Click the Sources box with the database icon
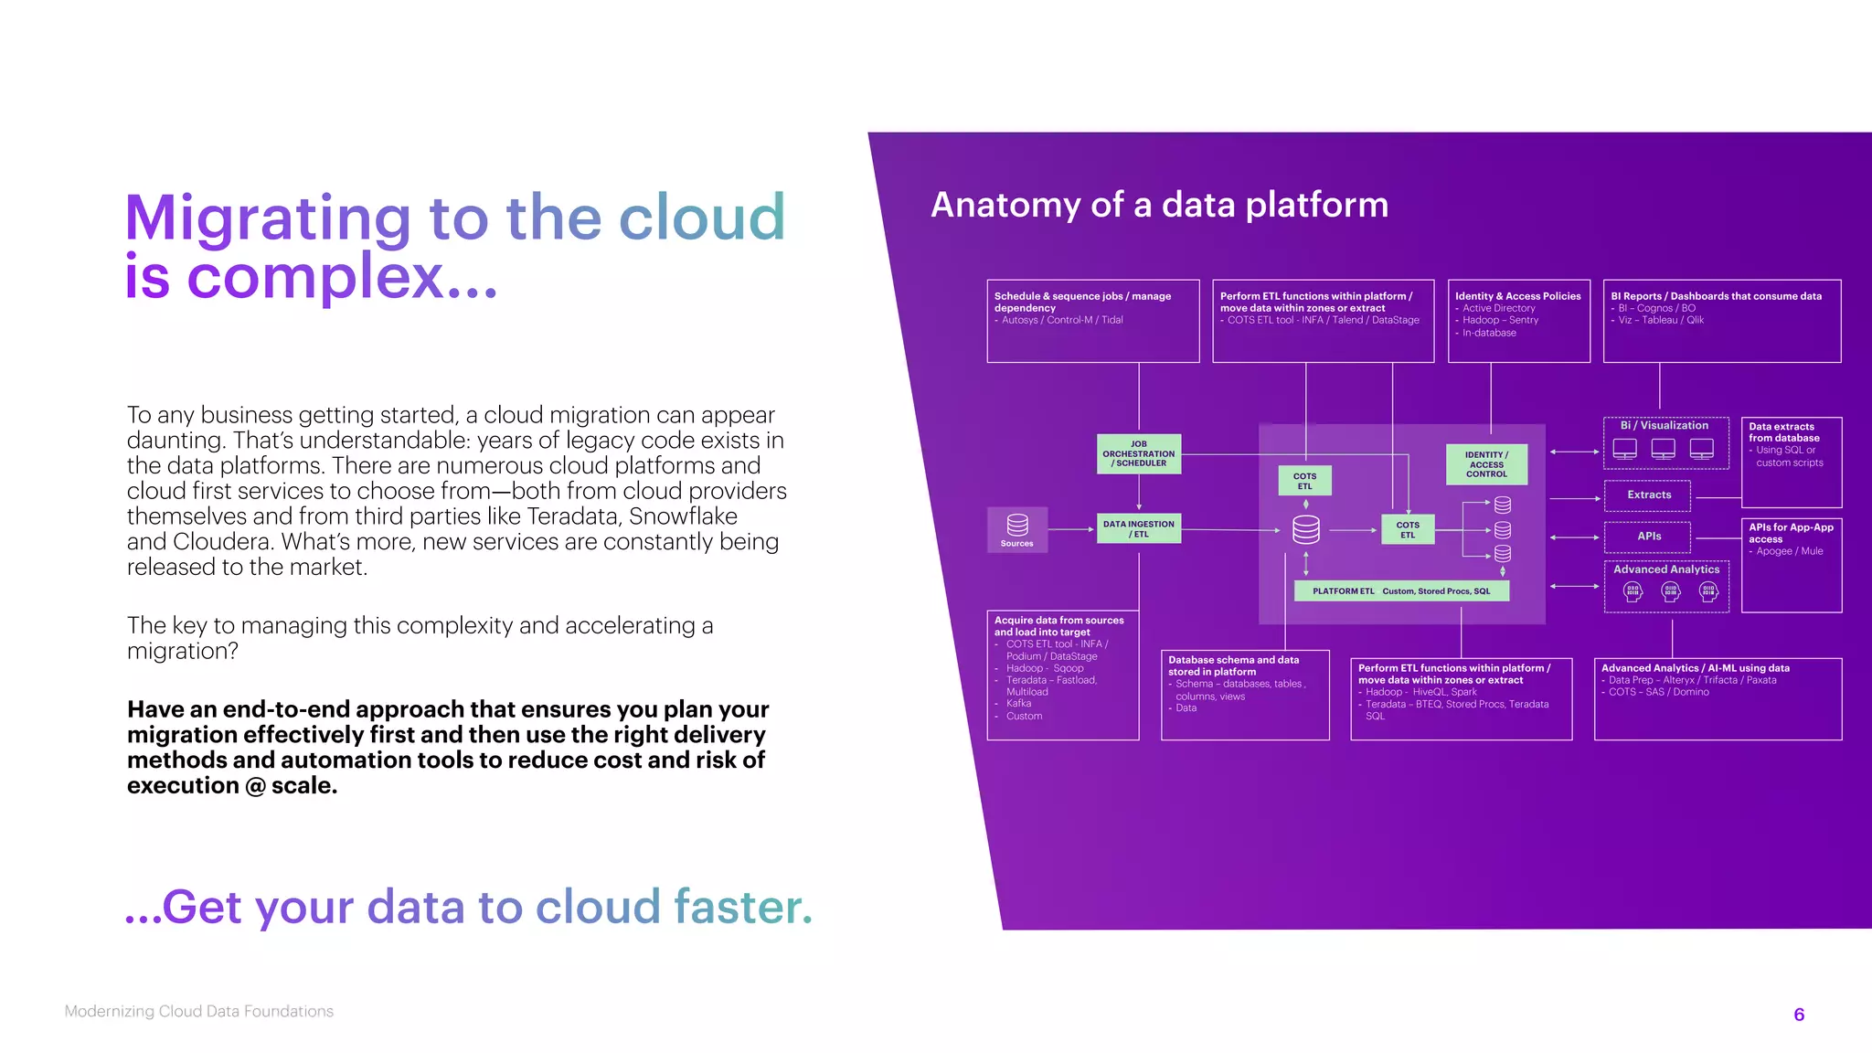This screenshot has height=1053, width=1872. click(x=1016, y=529)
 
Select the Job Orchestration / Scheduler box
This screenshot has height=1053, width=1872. click(x=1138, y=454)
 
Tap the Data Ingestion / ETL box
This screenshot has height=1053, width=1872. click(x=1138, y=528)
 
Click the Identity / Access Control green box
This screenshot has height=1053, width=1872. click(x=1486, y=464)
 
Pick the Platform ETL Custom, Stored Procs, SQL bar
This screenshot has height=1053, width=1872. click(x=1401, y=591)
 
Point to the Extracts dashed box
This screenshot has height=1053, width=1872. click(x=1648, y=495)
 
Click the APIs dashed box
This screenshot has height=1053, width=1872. click(x=1648, y=537)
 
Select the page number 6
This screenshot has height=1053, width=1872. click(x=1798, y=1015)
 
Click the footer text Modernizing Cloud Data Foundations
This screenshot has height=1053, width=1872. click(x=199, y=1011)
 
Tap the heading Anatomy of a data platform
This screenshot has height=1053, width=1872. click(x=1159, y=205)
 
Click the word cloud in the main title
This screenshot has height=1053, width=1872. click(x=702, y=218)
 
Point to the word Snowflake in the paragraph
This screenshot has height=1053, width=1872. click(x=683, y=516)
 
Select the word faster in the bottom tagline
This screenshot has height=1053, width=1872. click(x=742, y=907)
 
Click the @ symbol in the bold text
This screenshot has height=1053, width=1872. click(x=255, y=786)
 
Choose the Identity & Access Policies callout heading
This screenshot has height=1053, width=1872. click(x=1517, y=296)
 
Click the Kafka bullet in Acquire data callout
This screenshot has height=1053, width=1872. click(x=1018, y=704)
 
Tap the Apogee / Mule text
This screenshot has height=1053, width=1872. click(x=1789, y=551)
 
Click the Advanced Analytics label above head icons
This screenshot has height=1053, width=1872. click(x=1665, y=569)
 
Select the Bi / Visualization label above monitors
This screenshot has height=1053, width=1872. click(x=1664, y=426)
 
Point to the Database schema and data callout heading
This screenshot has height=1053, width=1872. click(x=1233, y=665)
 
